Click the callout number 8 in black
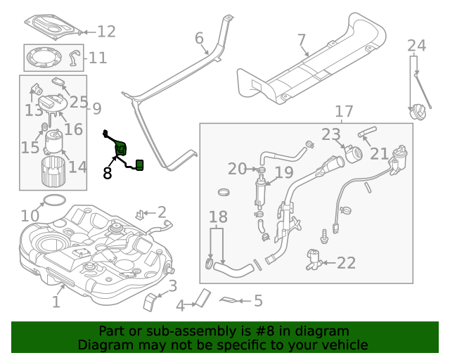(107, 173)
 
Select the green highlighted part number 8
(121, 150)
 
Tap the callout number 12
(106, 32)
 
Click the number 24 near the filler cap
(417, 46)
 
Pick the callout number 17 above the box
(344, 112)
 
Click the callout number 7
(301, 39)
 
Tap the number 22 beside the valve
(346, 263)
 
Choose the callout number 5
(257, 302)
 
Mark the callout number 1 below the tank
(56, 302)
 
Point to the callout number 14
(77, 167)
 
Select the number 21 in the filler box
(379, 153)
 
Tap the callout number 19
(283, 172)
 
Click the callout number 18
(218, 217)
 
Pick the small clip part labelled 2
(142, 212)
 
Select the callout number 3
(172, 285)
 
